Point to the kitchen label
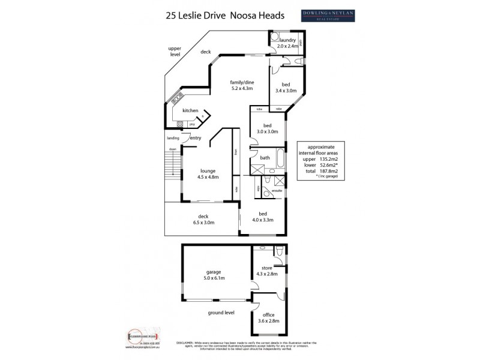191,110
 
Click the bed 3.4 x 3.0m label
286,88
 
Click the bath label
265,158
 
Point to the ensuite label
277,190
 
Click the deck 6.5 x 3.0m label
203,220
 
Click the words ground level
221,312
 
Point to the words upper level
175,50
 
